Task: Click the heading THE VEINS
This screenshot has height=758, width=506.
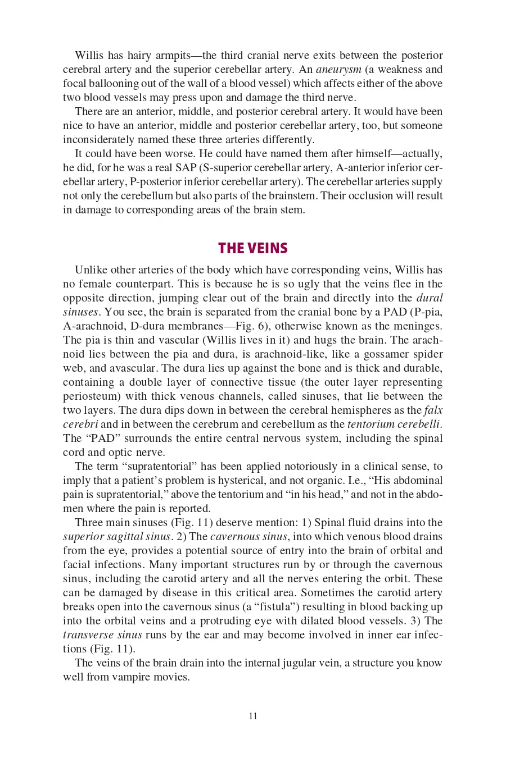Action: (253, 248)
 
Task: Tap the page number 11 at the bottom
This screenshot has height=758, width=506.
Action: (253, 716)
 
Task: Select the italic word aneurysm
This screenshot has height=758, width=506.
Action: (338, 70)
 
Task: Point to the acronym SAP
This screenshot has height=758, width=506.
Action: (186, 168)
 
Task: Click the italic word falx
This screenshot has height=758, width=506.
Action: (433, 410)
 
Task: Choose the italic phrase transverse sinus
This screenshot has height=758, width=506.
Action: (102, 635)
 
